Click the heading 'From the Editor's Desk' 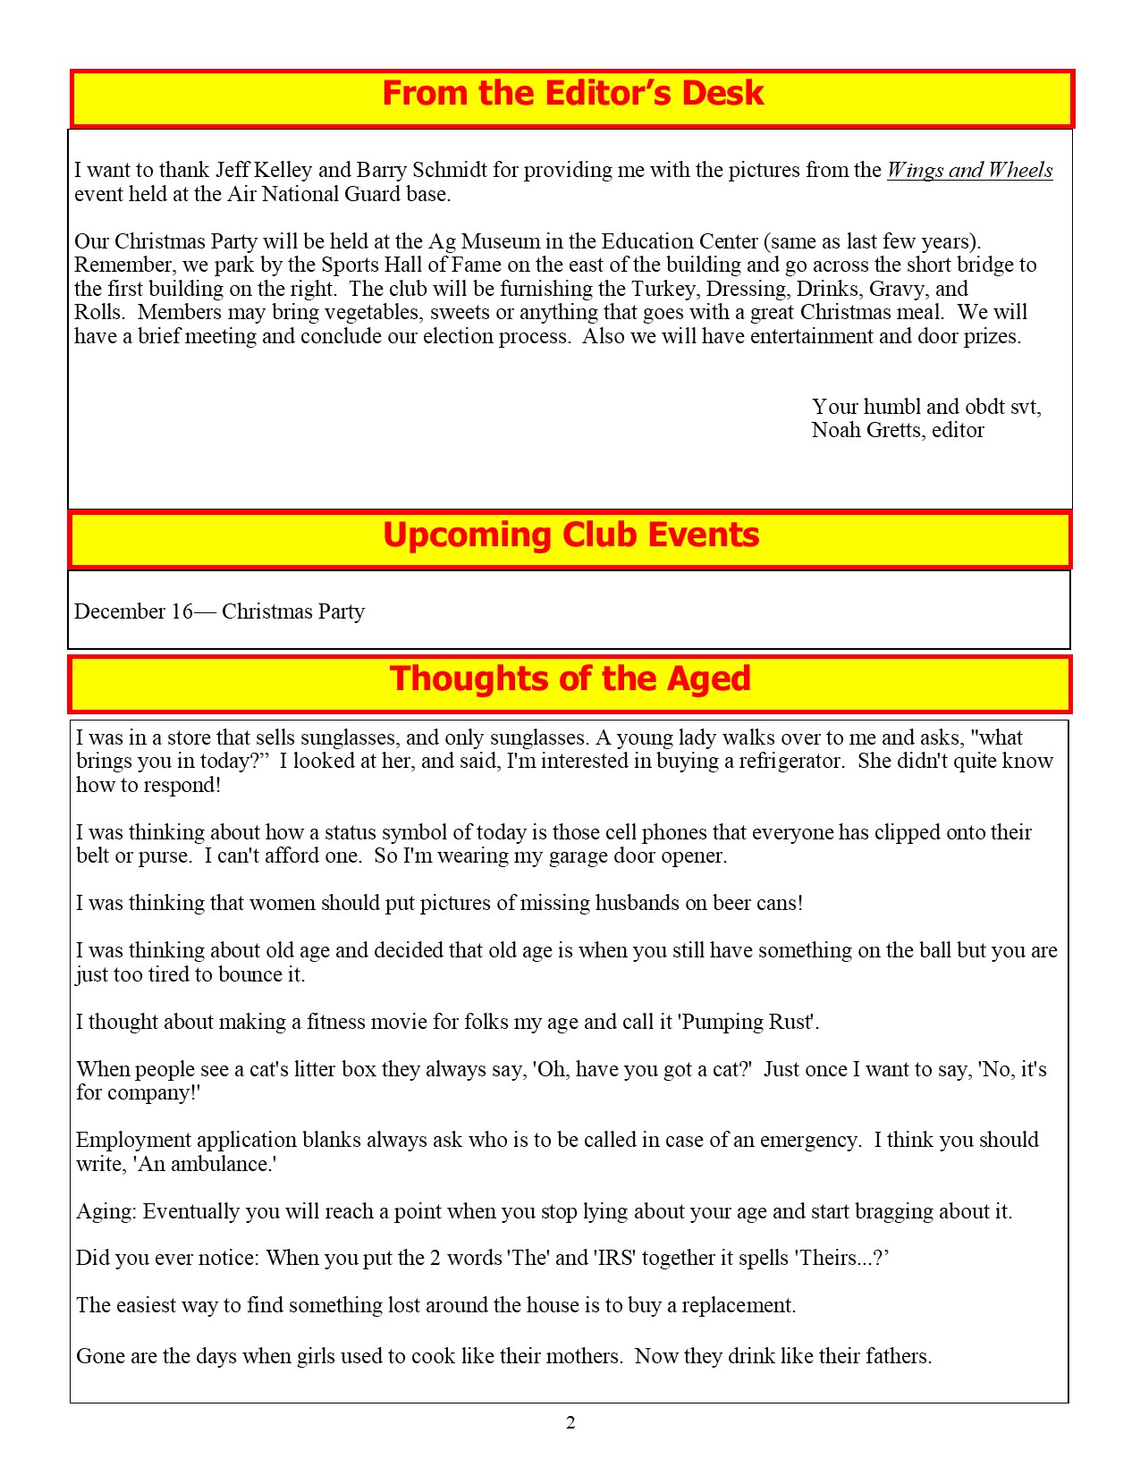pyautogui.click(x=572, y=94)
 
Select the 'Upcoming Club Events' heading pyautogui.click(x=570, y=535)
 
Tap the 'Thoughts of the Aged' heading pyautogui.click(x=570, y=678)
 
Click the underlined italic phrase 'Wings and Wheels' pyautogui.click(x=969, y=170)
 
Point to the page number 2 pyautogui.click(x=570, y=1423)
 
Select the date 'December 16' pyautogui.click(x=133, y=611)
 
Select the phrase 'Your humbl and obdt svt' pyautogui.click(x=925, y=407)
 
